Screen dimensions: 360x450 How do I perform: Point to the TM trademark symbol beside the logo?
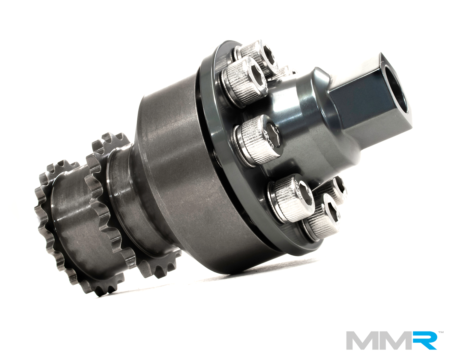[441, 332]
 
